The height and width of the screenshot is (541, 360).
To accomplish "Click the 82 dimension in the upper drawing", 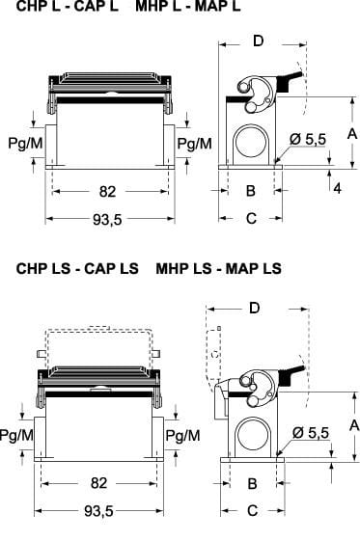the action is coord(107,192).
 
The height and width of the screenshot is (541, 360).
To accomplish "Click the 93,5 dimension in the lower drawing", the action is coord(98,511).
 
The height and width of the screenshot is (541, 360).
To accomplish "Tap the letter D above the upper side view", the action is coord(259,41).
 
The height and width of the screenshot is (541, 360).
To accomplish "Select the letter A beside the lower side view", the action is coord(354,426).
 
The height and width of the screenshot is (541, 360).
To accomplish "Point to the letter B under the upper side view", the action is coord(251,190).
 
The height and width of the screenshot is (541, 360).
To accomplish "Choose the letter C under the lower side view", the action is coord(252,511).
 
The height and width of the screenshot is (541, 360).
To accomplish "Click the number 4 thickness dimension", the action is coord(337,188).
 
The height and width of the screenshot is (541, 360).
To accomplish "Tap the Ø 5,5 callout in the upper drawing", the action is coord(308,139).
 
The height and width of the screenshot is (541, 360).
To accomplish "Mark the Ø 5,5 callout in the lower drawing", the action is coord(311,433).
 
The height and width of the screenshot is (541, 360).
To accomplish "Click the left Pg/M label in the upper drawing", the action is coord(25,143).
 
